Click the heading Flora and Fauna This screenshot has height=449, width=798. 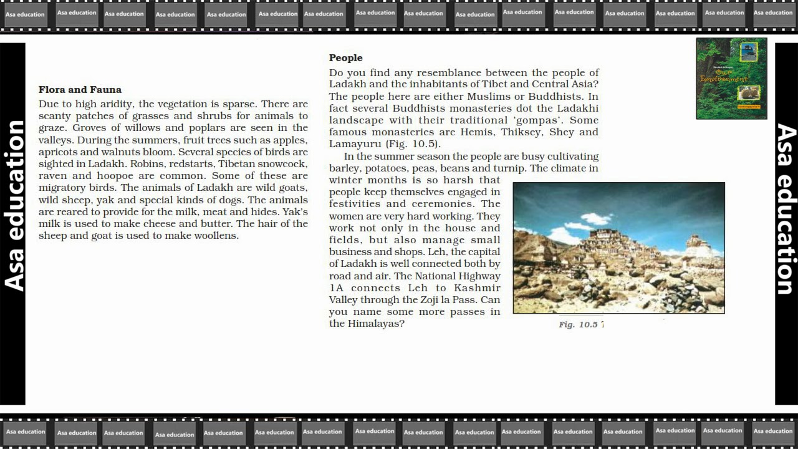[x=80, y=90]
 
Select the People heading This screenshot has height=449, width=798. [x=345, y=58]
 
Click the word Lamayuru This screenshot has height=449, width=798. [x=355, y=144]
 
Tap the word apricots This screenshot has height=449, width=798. [x=58, y=152]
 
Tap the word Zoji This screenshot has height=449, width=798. [x=433, y=300]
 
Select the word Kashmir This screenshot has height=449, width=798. [x=477, y=288]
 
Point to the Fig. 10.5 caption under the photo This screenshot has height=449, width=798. [x=580, y=324]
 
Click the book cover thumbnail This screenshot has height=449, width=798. [x=731, y=79]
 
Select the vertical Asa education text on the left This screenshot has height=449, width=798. [x=14, y=206]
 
